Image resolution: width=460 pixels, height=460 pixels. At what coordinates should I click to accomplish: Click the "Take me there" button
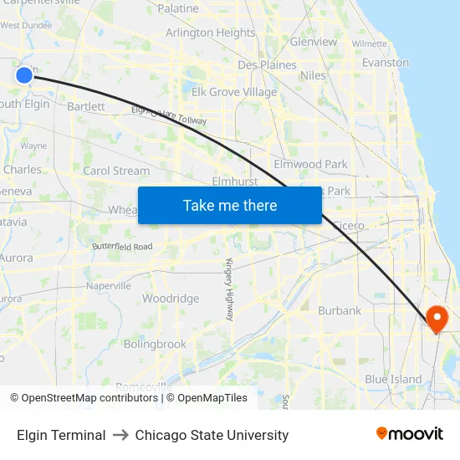(229, 205)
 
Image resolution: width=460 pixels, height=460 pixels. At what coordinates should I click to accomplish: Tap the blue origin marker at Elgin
(23, 75)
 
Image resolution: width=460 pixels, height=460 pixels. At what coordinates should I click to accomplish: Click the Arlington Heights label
(210, 33)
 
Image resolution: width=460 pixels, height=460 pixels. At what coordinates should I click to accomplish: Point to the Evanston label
(385, 63)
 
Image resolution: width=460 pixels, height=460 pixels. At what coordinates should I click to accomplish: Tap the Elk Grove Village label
(234, 92)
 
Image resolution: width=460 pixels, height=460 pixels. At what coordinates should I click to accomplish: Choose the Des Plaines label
(267, 64)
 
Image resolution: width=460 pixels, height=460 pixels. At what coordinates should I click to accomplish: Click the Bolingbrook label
(155, 344)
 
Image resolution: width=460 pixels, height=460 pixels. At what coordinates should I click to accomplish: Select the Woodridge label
(171, 299)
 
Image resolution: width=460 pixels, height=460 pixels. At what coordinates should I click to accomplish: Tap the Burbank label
(340, 310)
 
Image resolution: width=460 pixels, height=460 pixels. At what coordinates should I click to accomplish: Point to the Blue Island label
(393, 379)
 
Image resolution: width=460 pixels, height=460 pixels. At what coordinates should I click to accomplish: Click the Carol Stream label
(116, 171)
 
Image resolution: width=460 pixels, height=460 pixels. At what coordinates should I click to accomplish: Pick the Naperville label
(109, 285)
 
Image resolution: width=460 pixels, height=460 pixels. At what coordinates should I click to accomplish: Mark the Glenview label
(314, 42)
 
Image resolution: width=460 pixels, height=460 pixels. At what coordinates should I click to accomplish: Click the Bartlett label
(86, 106)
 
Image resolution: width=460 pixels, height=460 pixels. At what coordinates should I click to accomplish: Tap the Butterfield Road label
(122, 247)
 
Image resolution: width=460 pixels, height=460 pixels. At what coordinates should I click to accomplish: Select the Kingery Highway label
(229, 289)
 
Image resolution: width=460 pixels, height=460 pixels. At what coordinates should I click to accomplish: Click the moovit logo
(410, 434)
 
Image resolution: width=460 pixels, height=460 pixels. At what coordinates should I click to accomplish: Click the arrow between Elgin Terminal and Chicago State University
(120, 435)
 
